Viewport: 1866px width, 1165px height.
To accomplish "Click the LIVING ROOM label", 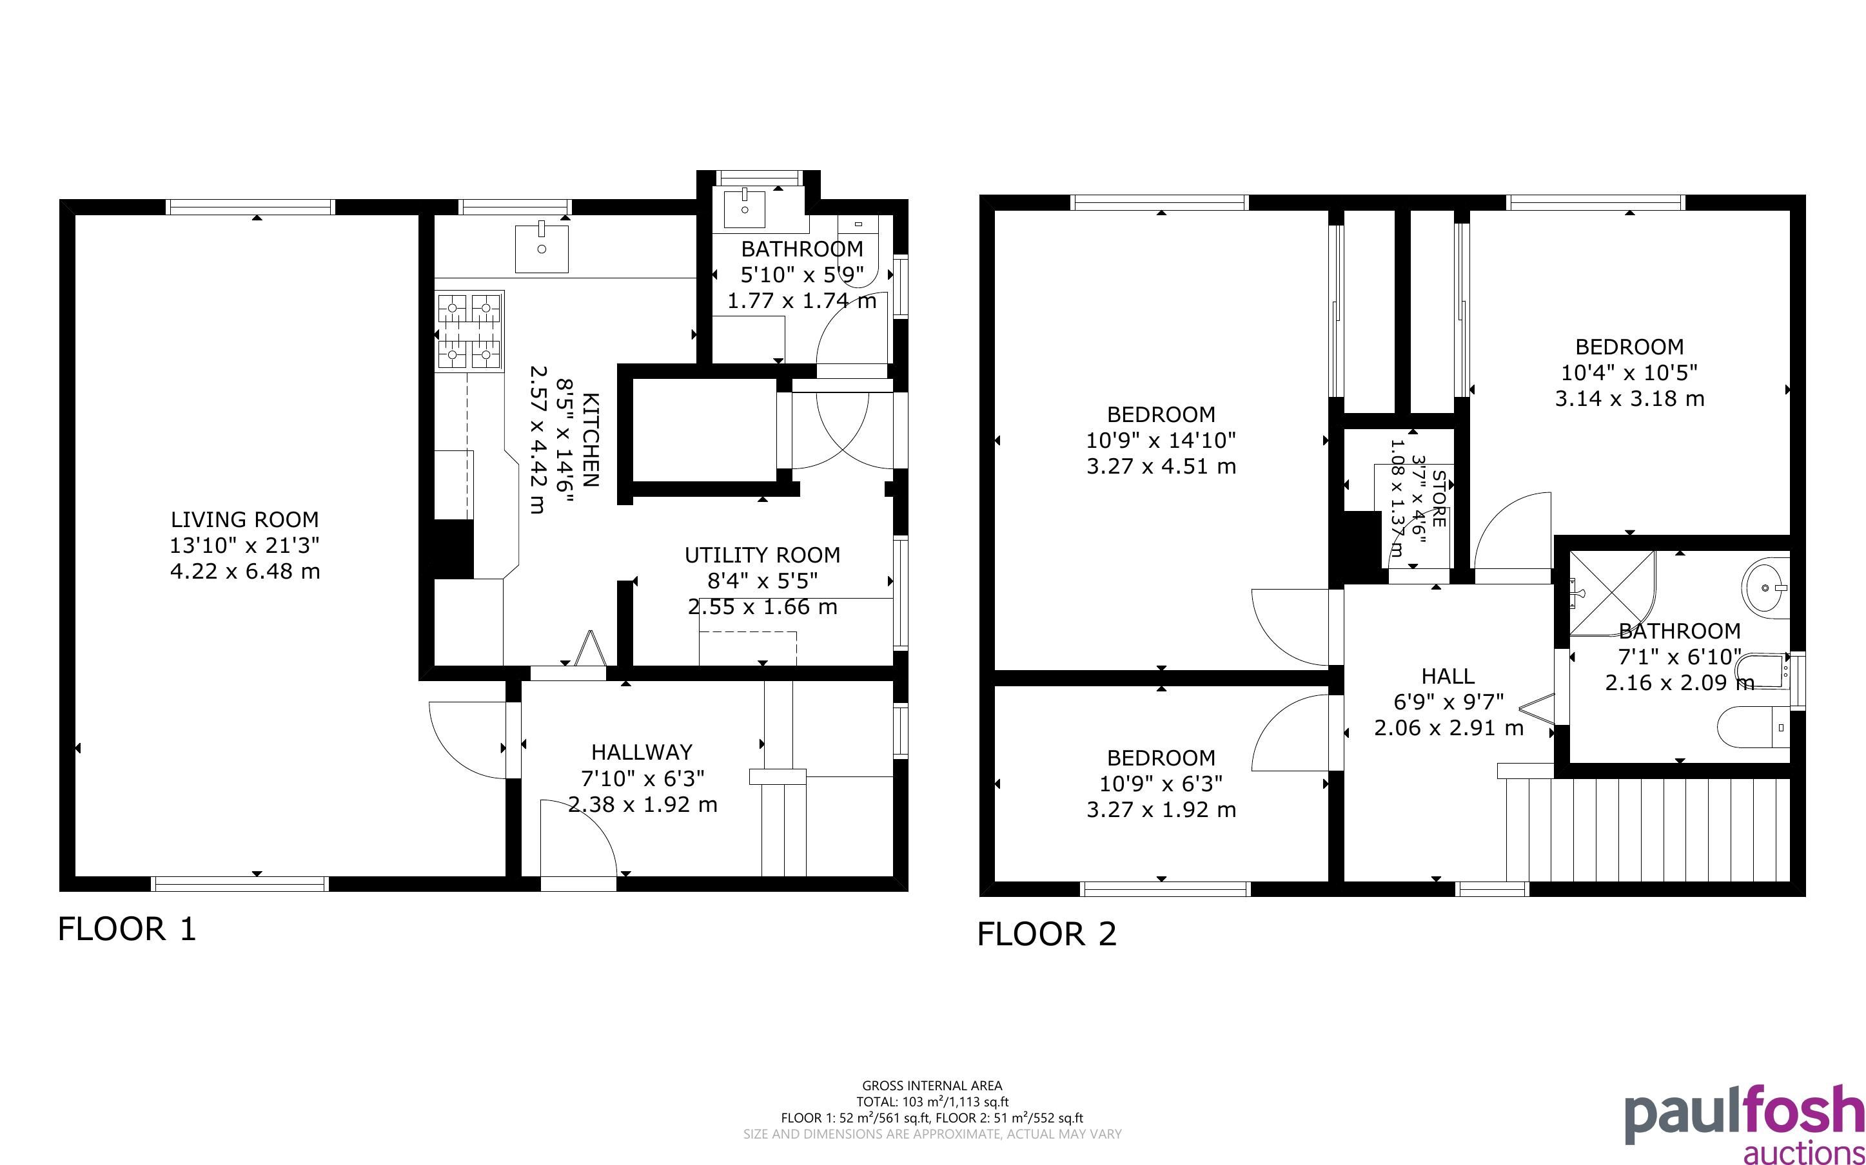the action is click(244, 519).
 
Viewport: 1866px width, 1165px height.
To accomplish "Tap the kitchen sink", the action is click(542, 247).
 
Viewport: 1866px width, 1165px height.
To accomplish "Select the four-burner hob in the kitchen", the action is click(469, 331).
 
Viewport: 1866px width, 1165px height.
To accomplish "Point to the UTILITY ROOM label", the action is click(762, 555).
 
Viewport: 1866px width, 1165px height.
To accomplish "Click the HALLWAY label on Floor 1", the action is click(642, 752).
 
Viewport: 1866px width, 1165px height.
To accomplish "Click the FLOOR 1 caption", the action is click(127, 929).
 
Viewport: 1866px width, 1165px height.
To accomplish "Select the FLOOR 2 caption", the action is click(1046, 934).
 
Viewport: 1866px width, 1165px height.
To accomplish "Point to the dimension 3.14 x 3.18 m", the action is click(1629, 399).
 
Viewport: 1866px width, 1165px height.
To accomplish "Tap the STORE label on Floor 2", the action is click(1439, 499).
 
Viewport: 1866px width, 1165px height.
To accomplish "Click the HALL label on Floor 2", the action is click(1448, 677).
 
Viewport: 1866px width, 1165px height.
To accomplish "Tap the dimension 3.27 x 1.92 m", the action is click(1161, 810).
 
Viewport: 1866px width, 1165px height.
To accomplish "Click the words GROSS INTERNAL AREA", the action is click(932, 1086).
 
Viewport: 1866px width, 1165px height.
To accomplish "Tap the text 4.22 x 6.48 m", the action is click(244, 572).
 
